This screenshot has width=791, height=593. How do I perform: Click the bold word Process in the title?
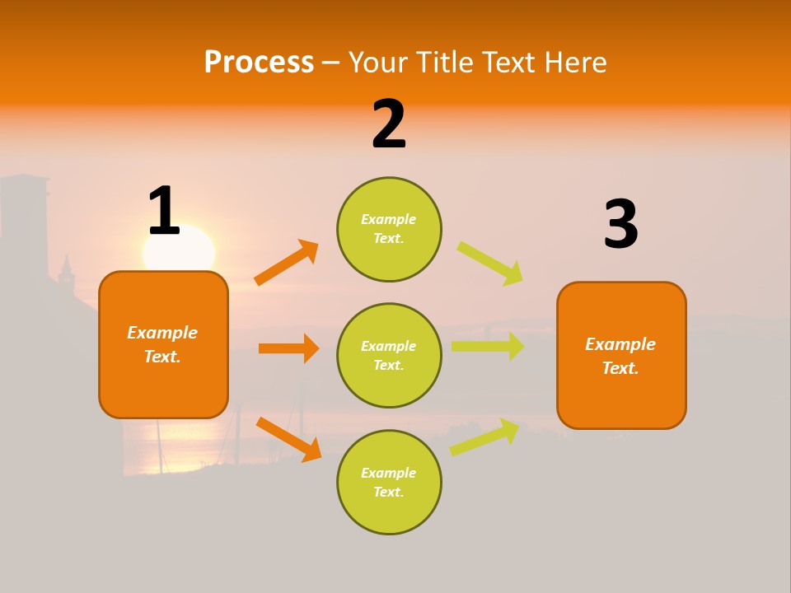(259, 63)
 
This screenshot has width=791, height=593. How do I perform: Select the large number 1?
(164, 212)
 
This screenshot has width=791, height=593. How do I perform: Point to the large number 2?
(389, 124)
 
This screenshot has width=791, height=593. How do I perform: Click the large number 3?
(621, 224)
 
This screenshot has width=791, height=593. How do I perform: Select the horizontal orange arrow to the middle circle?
(288, 348)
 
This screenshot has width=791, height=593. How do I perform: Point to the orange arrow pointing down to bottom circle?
(288, 438)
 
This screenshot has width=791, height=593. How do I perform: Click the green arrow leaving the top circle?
(490, 263)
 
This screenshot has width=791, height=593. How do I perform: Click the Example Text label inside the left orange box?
(162, 344)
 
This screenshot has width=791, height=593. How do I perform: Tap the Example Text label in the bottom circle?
(389, 482)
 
